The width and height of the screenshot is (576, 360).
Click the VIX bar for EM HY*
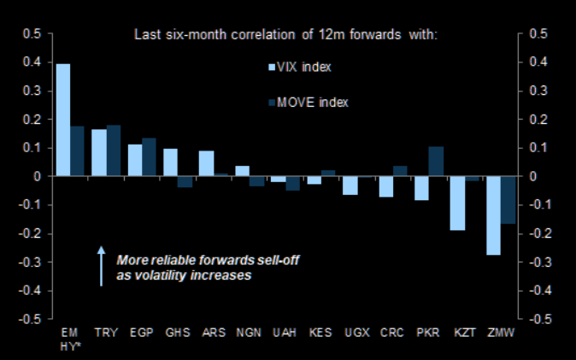[62, 120]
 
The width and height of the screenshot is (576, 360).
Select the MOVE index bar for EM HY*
[77, 150]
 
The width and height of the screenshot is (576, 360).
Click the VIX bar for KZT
[457, 204]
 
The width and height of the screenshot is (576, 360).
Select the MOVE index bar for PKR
[436, 161]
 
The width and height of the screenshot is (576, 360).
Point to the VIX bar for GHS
[170, 162]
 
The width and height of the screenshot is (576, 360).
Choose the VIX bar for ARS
[206, 163]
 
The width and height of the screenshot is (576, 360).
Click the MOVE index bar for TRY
[113, 150]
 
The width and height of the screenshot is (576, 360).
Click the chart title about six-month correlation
[285, 35]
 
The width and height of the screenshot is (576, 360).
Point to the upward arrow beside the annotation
[101, 266]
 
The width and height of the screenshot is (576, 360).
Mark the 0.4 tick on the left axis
[32, 62]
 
